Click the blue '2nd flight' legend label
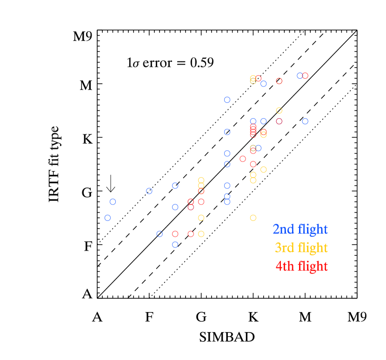300,229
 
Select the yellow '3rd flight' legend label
301,248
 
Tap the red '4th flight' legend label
301,267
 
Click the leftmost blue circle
107,218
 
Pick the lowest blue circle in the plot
175,245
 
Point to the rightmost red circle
305,76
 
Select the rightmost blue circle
305,121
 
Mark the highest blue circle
300,76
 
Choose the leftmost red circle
175,234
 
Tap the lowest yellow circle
201,234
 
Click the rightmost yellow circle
279,111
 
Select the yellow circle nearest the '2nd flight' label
253,218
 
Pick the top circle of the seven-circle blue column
227,100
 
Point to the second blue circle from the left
113,202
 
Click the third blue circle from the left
149,191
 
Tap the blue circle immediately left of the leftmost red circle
160,234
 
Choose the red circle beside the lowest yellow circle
191,234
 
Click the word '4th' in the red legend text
285,267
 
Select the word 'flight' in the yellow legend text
313,248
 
